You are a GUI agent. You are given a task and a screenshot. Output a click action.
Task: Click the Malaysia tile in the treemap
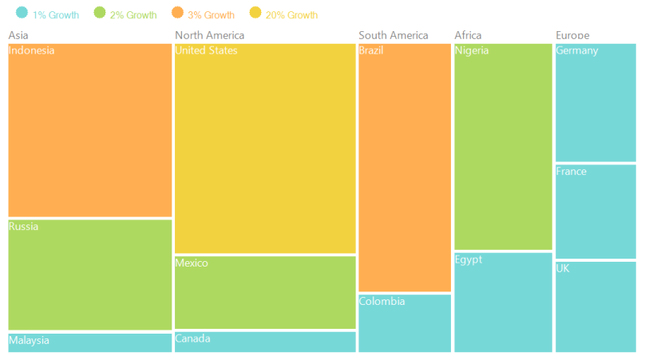pos(89,342)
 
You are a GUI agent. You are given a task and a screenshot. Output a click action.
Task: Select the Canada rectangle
pos(265,342)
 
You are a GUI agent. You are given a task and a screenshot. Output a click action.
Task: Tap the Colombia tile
pos(405,323)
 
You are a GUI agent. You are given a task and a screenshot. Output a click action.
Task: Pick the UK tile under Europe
pos(596,307)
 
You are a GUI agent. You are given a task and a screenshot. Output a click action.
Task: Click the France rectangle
pos(596,212)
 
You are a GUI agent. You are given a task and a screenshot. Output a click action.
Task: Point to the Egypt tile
pos(503,303)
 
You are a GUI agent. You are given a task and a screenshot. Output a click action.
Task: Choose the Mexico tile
pos(265,292)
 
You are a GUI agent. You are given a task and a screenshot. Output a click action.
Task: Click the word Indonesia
pos(31,50)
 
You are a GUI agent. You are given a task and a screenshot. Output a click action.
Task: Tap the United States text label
pos(206,50)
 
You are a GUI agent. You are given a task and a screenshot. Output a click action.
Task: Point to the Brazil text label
pos(371,50)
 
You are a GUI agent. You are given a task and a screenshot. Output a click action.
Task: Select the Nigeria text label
pos(472,50)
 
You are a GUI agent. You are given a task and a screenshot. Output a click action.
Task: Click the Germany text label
pos(577,50)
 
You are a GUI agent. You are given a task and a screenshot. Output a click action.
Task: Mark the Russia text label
pos(23,226)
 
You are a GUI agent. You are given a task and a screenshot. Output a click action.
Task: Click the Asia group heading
pos(18,35)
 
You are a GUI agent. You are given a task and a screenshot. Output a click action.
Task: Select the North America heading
pos(210,35)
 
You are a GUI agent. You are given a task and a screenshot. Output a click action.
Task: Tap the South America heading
pos(394,35)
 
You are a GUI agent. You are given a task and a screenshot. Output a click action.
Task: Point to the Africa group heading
pos(468,35)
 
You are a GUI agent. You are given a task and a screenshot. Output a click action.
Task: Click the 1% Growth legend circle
pos(22,13)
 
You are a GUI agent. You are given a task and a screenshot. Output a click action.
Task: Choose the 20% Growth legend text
pos(291,15)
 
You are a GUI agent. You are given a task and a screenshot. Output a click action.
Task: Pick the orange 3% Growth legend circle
pos(177,13)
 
